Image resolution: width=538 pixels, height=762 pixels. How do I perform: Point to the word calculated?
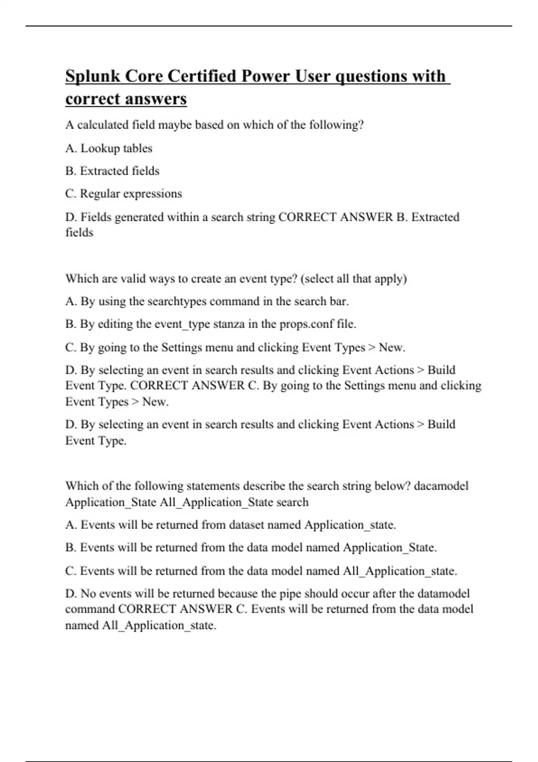pyautogui.click(x=103, y=125)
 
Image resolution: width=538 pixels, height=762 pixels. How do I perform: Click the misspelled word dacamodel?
pyautogui.click(x=441, y=486)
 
